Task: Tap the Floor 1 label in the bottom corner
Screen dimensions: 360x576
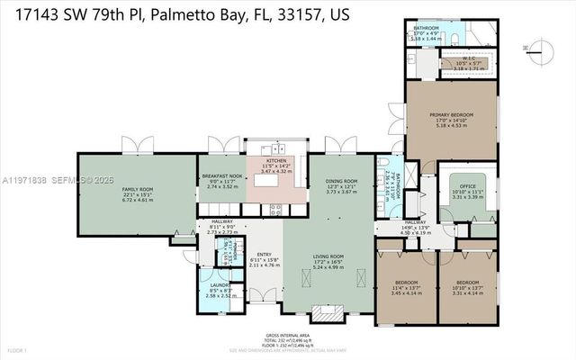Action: (x=15, y=349)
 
